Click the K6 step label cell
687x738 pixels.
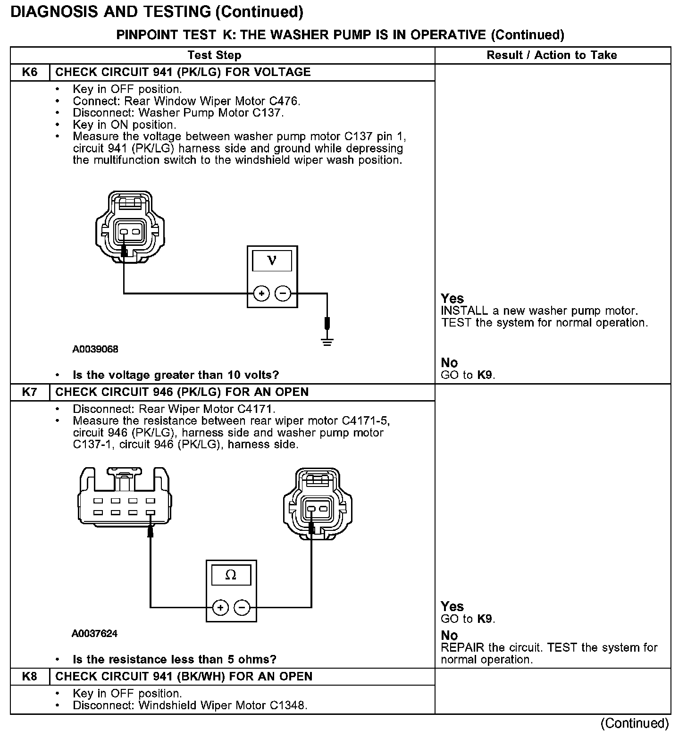(30, 72)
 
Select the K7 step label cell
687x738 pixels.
(30, 392)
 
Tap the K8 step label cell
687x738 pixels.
(30, 677)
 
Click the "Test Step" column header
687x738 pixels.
(214, 55)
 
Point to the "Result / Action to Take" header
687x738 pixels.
(552, 55)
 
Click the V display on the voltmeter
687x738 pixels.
(272, 260)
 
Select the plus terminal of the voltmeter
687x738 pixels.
(261, 294)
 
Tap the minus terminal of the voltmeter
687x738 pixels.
(283, 294)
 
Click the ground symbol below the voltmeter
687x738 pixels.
(327, 341)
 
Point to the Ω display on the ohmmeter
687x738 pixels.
(231, 575)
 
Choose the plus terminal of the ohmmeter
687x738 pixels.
(220, 607)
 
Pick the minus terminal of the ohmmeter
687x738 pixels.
(242, 607)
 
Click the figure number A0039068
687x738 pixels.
(95, 350)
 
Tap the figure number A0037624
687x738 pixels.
(94, 634)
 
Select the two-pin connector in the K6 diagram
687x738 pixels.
(130, 226)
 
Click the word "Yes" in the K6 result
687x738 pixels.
(452, 299)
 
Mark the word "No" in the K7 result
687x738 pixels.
(449, 636)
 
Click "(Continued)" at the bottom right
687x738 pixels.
(635, 723)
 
